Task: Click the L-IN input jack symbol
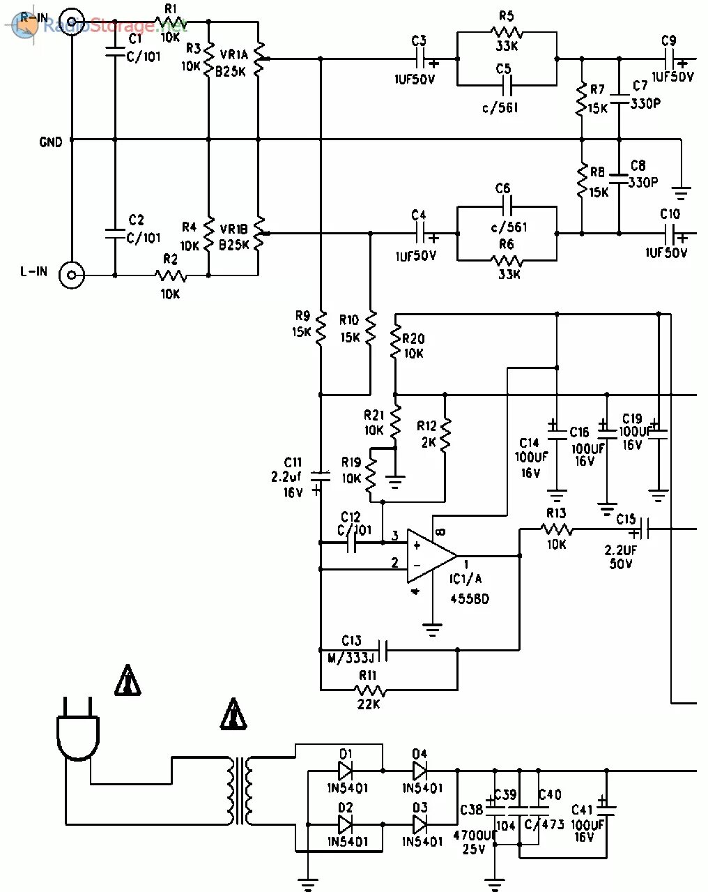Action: tap(71, 275)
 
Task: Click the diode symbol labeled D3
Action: tap(420, 824)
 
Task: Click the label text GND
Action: tap(51, 142)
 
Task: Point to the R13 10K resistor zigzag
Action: tap(556, 531)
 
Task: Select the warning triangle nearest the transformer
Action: tap(234, 714)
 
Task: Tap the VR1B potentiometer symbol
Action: tap(259, 234)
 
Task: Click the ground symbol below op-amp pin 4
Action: tap(433, 630)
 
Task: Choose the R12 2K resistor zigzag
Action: tap(446, 434)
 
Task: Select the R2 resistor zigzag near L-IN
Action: tap(169, 275)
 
